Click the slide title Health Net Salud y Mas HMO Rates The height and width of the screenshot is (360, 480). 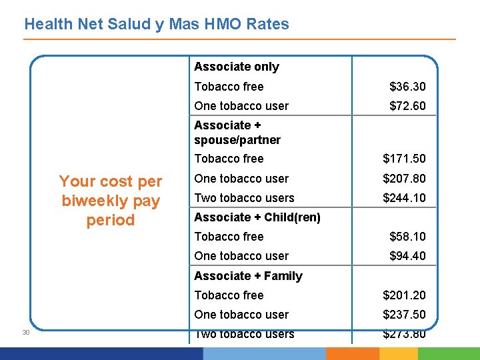(157, 25)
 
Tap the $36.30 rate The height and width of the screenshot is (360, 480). (407, 87)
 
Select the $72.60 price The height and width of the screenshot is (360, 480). (407, 106)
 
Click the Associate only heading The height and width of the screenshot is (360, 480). (237, 67)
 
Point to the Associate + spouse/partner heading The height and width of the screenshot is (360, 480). (237, 133)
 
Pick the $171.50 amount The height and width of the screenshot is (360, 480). (404, 159)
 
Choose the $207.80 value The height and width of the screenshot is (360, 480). (404, 179)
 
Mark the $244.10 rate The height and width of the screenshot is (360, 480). (404, 198)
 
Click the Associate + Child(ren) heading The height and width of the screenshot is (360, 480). (257, 217)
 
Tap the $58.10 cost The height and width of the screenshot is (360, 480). (407, 237)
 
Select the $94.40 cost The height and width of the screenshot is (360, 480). (407, 256)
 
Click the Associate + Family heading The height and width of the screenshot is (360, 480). (248, 276)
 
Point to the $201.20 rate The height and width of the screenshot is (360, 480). (404, 295)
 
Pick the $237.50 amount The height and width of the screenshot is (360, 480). (404, 315)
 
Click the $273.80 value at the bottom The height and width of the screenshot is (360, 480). (404, 334)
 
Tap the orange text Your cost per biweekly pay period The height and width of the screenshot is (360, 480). (111, 201)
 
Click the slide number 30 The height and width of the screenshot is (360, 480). (25, 333)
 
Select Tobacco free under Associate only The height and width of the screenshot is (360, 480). (229, 87)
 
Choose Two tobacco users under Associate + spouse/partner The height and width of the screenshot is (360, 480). (244, 198)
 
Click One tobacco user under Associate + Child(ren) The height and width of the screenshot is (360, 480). (241, 256)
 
